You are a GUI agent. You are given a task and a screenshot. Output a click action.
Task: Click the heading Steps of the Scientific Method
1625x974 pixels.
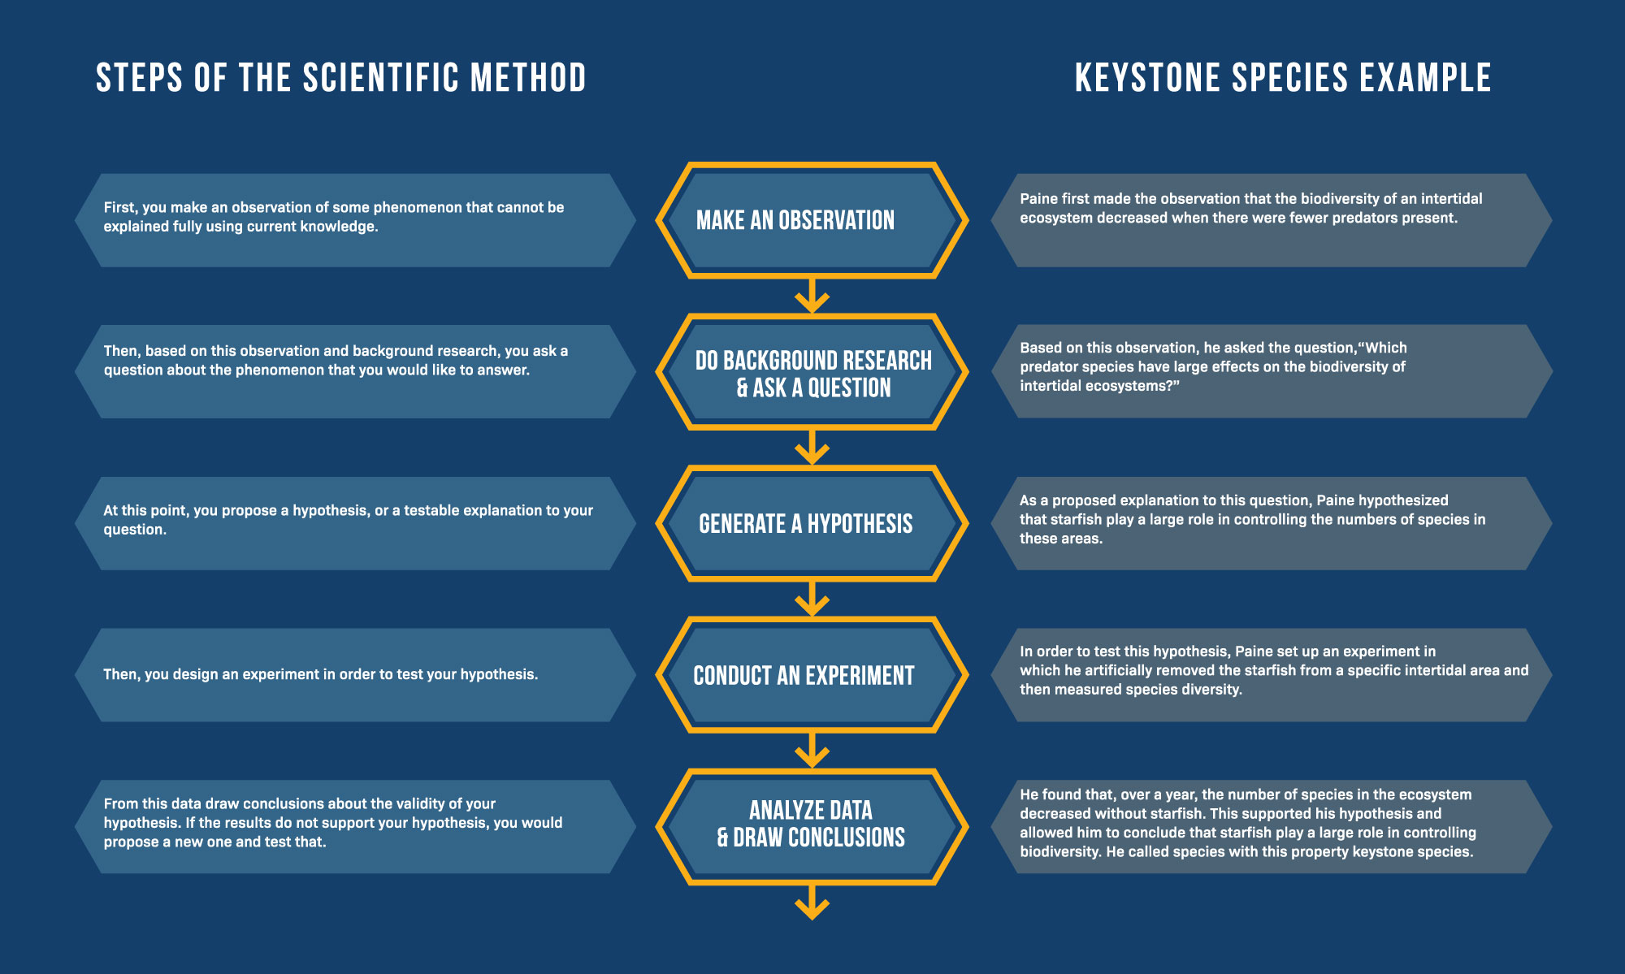[x=340, y=78]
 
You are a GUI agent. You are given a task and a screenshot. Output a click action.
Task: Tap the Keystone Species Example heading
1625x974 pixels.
[x=1282, y=78]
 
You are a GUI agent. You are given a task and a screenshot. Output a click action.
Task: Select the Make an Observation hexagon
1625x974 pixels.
[x=812, y=220]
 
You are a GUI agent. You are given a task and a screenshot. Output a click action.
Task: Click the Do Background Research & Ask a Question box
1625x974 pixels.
[x=812, y=372]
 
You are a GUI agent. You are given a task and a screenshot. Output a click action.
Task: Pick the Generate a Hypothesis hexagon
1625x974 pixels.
[x=812, y=524]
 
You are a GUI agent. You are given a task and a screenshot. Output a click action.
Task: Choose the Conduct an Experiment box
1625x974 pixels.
[x=812, y=675]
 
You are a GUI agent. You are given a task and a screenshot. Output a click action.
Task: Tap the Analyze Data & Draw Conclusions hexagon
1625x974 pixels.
[x=812, y=826]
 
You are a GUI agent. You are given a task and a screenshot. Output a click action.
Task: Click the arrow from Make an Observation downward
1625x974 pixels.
[x=812, y=296]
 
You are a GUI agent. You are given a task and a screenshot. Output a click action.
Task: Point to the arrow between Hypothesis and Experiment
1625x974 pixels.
[x=812, y=600]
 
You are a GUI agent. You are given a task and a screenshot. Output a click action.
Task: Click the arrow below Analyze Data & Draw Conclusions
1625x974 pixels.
[x=812, y=902]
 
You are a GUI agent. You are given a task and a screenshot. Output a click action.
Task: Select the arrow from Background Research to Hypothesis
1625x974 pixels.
[x=812, y=448]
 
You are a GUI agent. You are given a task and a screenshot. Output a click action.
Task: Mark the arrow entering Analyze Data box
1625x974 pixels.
[x=812, y=751]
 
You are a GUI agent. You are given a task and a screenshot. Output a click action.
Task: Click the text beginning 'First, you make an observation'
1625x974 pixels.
[x=333, y=217]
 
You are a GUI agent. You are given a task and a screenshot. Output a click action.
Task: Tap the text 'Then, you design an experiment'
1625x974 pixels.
[x=320, y=674]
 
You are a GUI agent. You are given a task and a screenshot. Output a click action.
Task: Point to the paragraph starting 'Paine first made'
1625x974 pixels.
[x=1250, y=209]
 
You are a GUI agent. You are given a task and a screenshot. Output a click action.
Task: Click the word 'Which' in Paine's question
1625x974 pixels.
[x=1385, y=348]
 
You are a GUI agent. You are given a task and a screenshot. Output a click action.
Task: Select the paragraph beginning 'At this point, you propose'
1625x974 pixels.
[x=348, y=520]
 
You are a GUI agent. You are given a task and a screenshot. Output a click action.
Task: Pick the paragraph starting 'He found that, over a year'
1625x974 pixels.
[x=1247, y=823]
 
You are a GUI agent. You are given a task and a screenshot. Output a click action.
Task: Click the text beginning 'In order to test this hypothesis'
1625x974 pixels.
[x=1273, y=670]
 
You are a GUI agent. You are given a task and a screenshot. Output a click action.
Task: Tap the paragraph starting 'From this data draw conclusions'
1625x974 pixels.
[x=332, y=823]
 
